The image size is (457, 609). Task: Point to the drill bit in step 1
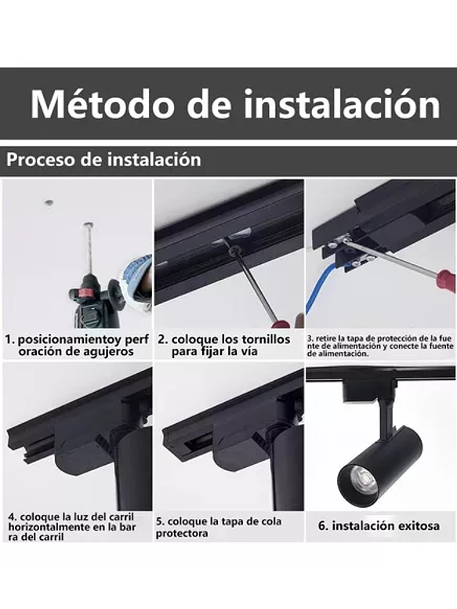(88, 247)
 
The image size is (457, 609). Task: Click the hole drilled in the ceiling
(49, 203)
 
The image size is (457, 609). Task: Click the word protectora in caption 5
(182, 534)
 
